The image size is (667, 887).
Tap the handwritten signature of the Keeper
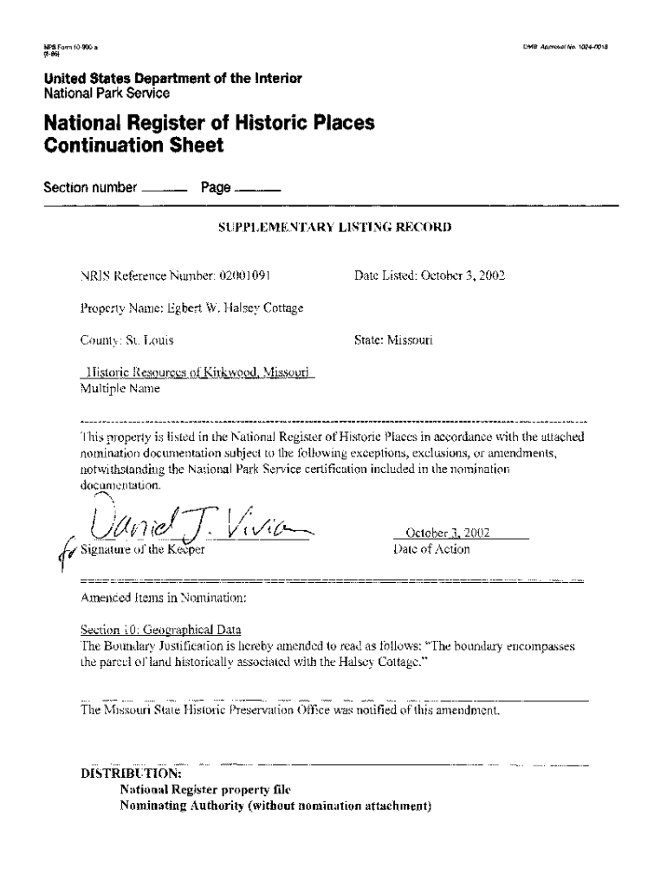tap(199, 521)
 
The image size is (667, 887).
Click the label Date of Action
tap(431, 549)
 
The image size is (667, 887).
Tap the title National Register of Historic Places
tap(210, 123)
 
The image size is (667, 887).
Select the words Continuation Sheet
tap(134, 146)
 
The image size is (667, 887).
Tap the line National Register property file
tap(206, 790)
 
